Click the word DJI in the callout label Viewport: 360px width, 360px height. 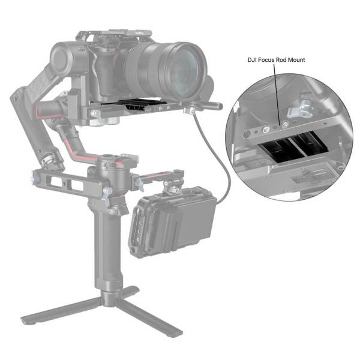[253, 60]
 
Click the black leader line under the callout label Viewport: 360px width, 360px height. [277, 90]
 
